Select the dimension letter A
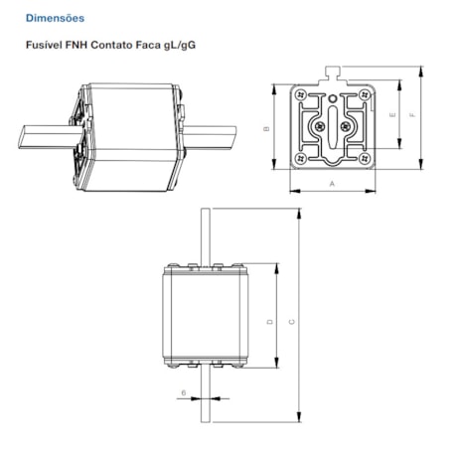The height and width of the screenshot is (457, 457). coord(332,184)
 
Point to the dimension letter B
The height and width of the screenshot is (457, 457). coord(267,129)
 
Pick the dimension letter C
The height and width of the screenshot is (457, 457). coord(290,321)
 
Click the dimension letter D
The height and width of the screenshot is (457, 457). coord(269,321)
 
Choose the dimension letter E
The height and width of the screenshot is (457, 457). coord(392,116)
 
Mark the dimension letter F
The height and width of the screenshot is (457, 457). coord(414,116)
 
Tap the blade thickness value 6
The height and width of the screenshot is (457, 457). coord(184,393)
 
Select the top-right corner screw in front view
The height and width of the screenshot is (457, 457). coord(367,93)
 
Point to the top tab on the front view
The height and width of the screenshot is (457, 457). coord(332,72)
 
